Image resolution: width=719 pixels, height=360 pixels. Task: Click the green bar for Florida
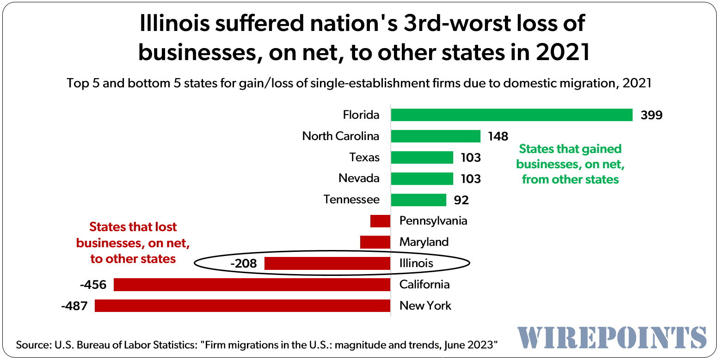click(x=511, y=115)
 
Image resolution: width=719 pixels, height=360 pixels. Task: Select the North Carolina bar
click(x=436, y=136)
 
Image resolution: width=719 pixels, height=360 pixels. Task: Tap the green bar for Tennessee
click(x=418, y=200)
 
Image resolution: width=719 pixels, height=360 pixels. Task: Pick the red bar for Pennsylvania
click(x=380, y=221)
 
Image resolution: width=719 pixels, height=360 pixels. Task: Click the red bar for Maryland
click(x=375, y=242)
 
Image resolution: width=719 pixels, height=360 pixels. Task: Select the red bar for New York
click(x=242, y=305)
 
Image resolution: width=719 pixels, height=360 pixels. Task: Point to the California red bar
click(x=252, y=285)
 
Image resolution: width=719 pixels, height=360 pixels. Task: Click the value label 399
click(x=651, y=115)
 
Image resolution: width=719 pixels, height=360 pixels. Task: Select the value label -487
click(x=74, y=306)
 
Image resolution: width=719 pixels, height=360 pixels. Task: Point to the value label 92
click(x=461, y=200)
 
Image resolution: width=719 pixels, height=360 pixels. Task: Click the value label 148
click(x=498, y=136)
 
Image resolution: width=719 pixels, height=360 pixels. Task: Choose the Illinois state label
click(x=416, y=263)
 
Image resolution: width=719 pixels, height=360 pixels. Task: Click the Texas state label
click(x=364, y=158)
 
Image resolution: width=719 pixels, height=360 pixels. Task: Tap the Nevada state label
click(x=359, y=178)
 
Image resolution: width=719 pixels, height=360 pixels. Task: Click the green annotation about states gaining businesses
click(x=570, y=164)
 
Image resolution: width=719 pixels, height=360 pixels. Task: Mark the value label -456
click(x=93, y=285)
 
